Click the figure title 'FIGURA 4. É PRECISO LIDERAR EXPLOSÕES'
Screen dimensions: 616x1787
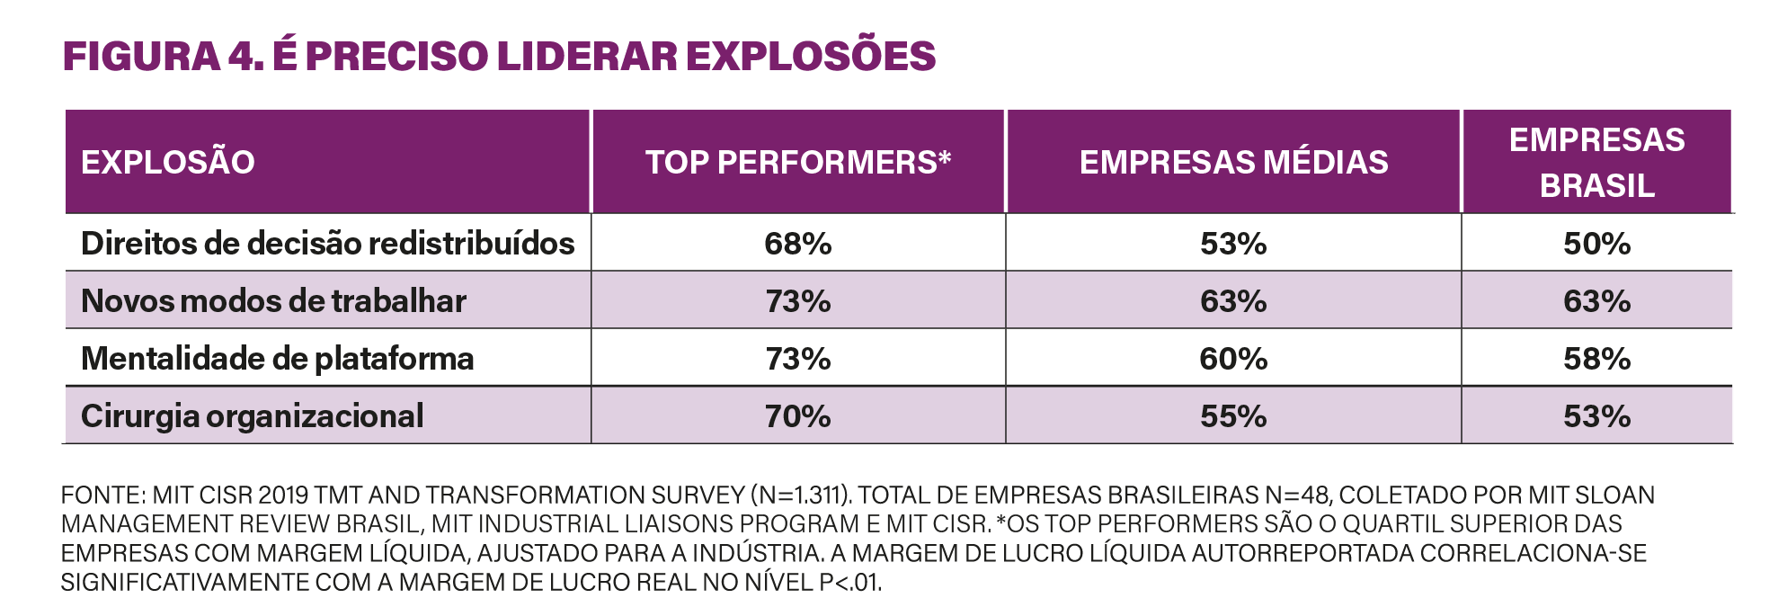499,56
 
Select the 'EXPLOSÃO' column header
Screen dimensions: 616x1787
168,162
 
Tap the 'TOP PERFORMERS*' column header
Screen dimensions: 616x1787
797,162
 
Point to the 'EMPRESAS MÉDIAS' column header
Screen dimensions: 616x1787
1233,162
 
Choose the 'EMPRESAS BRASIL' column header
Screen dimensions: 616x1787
1596,162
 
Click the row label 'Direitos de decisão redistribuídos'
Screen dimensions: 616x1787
327,244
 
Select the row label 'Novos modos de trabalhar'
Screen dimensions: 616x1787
273,301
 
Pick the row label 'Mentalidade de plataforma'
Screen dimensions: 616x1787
277,359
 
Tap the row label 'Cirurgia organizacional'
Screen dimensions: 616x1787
252,416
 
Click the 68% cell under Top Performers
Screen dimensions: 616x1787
797,244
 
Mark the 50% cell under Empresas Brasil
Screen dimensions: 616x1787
1596,244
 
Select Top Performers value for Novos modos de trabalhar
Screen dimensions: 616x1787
797,301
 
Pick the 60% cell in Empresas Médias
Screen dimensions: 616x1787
1233,359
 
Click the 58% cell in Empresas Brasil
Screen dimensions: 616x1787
1596,359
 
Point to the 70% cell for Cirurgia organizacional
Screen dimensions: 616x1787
797,416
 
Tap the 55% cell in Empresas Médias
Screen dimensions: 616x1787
1233,416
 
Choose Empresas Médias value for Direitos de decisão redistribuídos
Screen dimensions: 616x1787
1233,244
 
